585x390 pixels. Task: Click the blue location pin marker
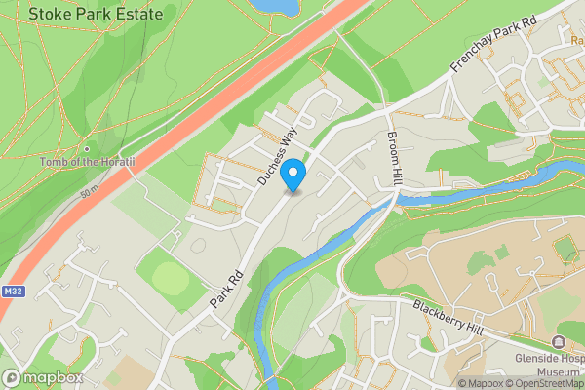tap(293, 175)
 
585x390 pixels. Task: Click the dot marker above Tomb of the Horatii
tap(86, 148)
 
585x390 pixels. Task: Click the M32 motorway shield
tap(12, 291)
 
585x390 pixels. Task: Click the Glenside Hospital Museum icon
tap(559, 342)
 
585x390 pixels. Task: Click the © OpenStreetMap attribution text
tap(547, 383)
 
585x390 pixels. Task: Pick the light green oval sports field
tap(172, 281)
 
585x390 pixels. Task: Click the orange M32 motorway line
tap(195, 122)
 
